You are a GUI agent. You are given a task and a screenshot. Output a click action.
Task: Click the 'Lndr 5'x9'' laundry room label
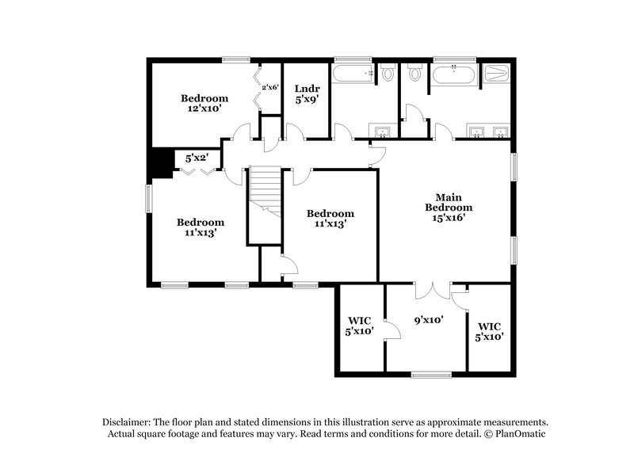tap(306, 95)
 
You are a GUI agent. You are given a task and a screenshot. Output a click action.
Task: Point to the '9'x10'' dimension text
tap(428, 321)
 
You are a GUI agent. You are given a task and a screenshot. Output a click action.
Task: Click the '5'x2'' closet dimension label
tap(197, 158)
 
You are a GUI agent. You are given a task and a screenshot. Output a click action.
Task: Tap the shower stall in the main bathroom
tap(498, 75)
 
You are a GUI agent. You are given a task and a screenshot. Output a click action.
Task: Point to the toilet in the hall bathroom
tap(388, 74)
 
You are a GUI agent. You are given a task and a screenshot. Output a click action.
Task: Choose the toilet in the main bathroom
tap(415, 74)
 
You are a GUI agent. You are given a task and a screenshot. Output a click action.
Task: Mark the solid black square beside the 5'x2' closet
tap(161, 163)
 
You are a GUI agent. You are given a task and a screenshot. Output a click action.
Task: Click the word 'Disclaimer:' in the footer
tap(129, 422)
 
